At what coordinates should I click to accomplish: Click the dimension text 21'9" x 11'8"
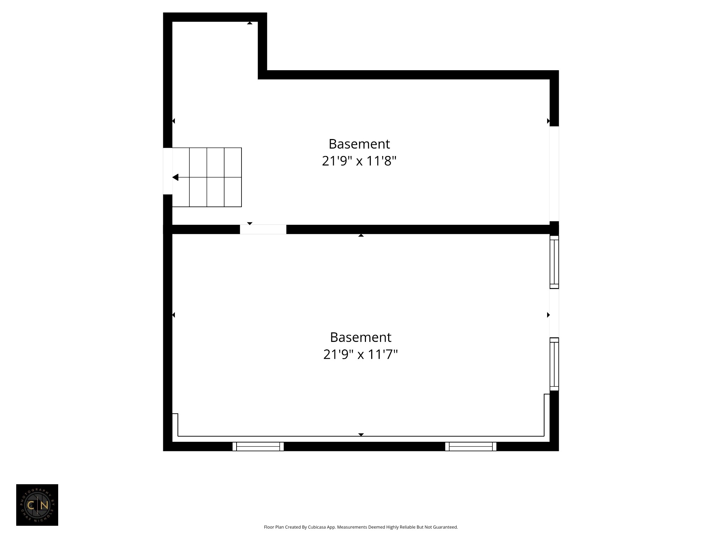click(x=359, y=161)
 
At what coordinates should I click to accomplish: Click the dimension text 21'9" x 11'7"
click(x=360, y=354)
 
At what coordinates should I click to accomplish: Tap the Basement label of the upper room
click(x=359, y=144)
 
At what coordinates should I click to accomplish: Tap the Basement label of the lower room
click(x=360, y=337)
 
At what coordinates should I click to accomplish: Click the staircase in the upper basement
click(x=207, y=177)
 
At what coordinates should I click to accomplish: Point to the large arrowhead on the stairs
click(x=176, y=177)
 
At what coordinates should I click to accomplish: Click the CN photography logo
click(x=37, y=505)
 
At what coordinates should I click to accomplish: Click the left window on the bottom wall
click(x=258, y=446)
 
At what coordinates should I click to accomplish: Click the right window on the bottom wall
click(x=471, y=446)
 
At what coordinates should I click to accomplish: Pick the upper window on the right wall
click(x=554, y=262)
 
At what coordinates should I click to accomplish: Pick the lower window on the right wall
click(x=554, y=364)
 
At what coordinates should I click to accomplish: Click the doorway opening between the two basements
click(x=263, y=229)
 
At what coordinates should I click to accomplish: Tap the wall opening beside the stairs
click(x=167, y=171)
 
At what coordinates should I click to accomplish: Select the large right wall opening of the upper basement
click(x=554, y=174)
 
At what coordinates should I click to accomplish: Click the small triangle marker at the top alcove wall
click(x=250, y=23)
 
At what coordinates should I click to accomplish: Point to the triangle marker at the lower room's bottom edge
click(x=361, y=435)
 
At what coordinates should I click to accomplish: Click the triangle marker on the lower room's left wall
click(x=173, y=315)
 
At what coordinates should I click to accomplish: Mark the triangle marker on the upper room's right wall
click(x=548, y=121)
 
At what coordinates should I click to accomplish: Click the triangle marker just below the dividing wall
click(x=361, y=235)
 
